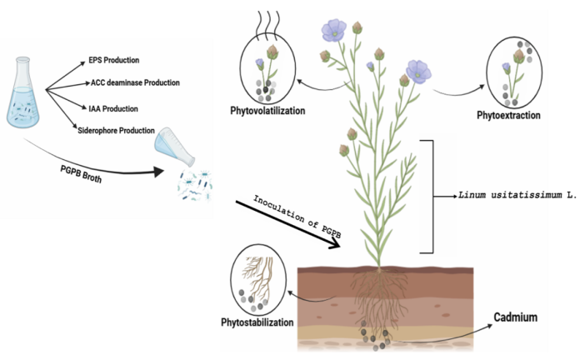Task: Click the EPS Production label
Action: point(114,60)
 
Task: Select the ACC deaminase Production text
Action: point(135,82)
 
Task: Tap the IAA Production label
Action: point(113,109)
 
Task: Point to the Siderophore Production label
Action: point(116,131)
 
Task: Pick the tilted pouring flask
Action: point(175,146)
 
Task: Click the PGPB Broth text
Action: point(81,174)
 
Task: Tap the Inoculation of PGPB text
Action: point(297,217)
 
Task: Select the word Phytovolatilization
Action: point(267,111)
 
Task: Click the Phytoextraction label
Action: point(508,116)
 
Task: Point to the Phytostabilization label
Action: point(257,322)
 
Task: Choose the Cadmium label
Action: point(516,317)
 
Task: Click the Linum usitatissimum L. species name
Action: point(517,195)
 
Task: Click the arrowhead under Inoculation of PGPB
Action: point(335,243)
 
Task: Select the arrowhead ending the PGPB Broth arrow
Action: point(158,172)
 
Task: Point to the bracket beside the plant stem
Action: point(432,197)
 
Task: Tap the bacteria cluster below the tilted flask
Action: point(195,185)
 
